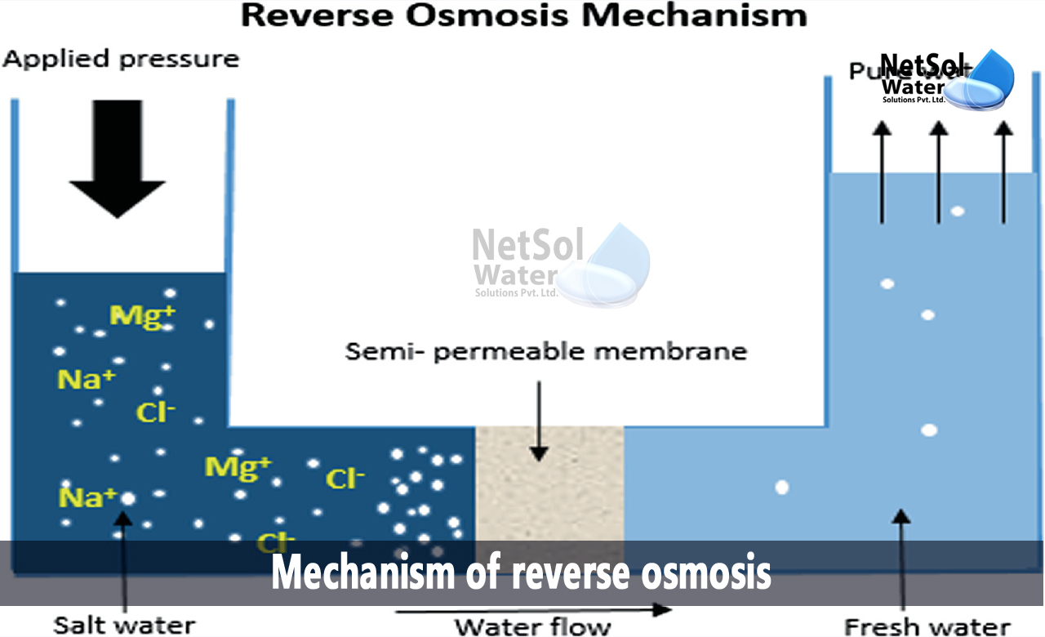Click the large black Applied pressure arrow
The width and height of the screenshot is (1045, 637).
coord(118,158)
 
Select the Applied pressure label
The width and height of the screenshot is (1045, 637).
coord(121,60)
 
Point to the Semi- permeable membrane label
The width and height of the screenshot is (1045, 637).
coord(546,352)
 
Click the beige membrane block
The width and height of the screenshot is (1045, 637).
coord(549,482)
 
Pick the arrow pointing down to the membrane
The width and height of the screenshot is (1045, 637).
coord(538,421)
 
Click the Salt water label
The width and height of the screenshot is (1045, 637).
coord(124,626)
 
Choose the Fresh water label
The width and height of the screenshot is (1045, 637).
coord(927,626)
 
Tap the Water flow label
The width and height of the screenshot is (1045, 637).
coord(532,626)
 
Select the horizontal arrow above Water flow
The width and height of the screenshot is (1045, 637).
coord(535,609)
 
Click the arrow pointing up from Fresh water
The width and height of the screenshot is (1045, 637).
coord(900,555)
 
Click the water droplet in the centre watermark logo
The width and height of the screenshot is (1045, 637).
coord(608,265)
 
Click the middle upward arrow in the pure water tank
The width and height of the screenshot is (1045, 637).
coord(939,171)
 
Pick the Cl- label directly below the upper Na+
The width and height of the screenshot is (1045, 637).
coord(156,412)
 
